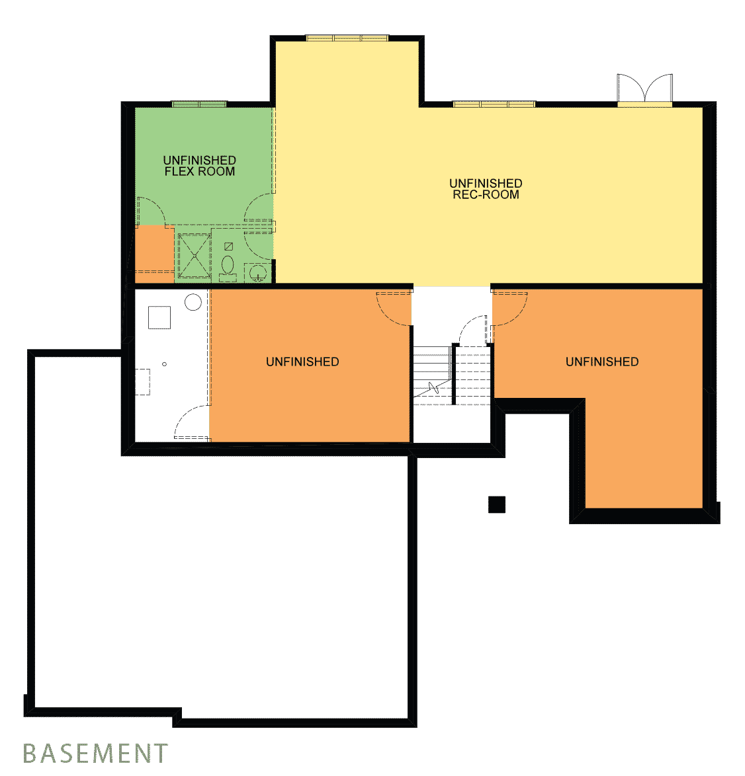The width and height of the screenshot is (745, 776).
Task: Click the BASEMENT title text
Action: tap(95, 753)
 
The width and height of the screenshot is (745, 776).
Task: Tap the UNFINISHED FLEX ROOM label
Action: tap(200, 166)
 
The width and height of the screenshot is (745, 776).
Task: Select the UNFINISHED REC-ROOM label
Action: tap(486, 189)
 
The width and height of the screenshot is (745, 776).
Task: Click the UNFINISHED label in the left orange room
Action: tap(302, 362)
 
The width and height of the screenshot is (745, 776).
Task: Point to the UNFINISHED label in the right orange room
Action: tap(602, 362)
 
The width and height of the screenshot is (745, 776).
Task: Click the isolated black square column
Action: tap(497, 505)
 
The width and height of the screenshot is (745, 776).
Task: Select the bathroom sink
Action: tap(257, 273)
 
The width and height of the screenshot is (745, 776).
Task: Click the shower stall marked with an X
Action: tap(195, 256)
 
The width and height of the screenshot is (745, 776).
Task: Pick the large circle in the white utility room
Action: tap(193, 302)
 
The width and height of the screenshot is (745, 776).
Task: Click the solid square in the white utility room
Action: tap(159, 318)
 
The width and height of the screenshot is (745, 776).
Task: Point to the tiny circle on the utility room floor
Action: tap(165, 364)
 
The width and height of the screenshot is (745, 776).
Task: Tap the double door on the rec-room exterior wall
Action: tap(644, 89)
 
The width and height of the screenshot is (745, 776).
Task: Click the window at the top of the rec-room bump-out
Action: tap(347, 38)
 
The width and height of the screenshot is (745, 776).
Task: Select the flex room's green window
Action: tap(199, 104)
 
